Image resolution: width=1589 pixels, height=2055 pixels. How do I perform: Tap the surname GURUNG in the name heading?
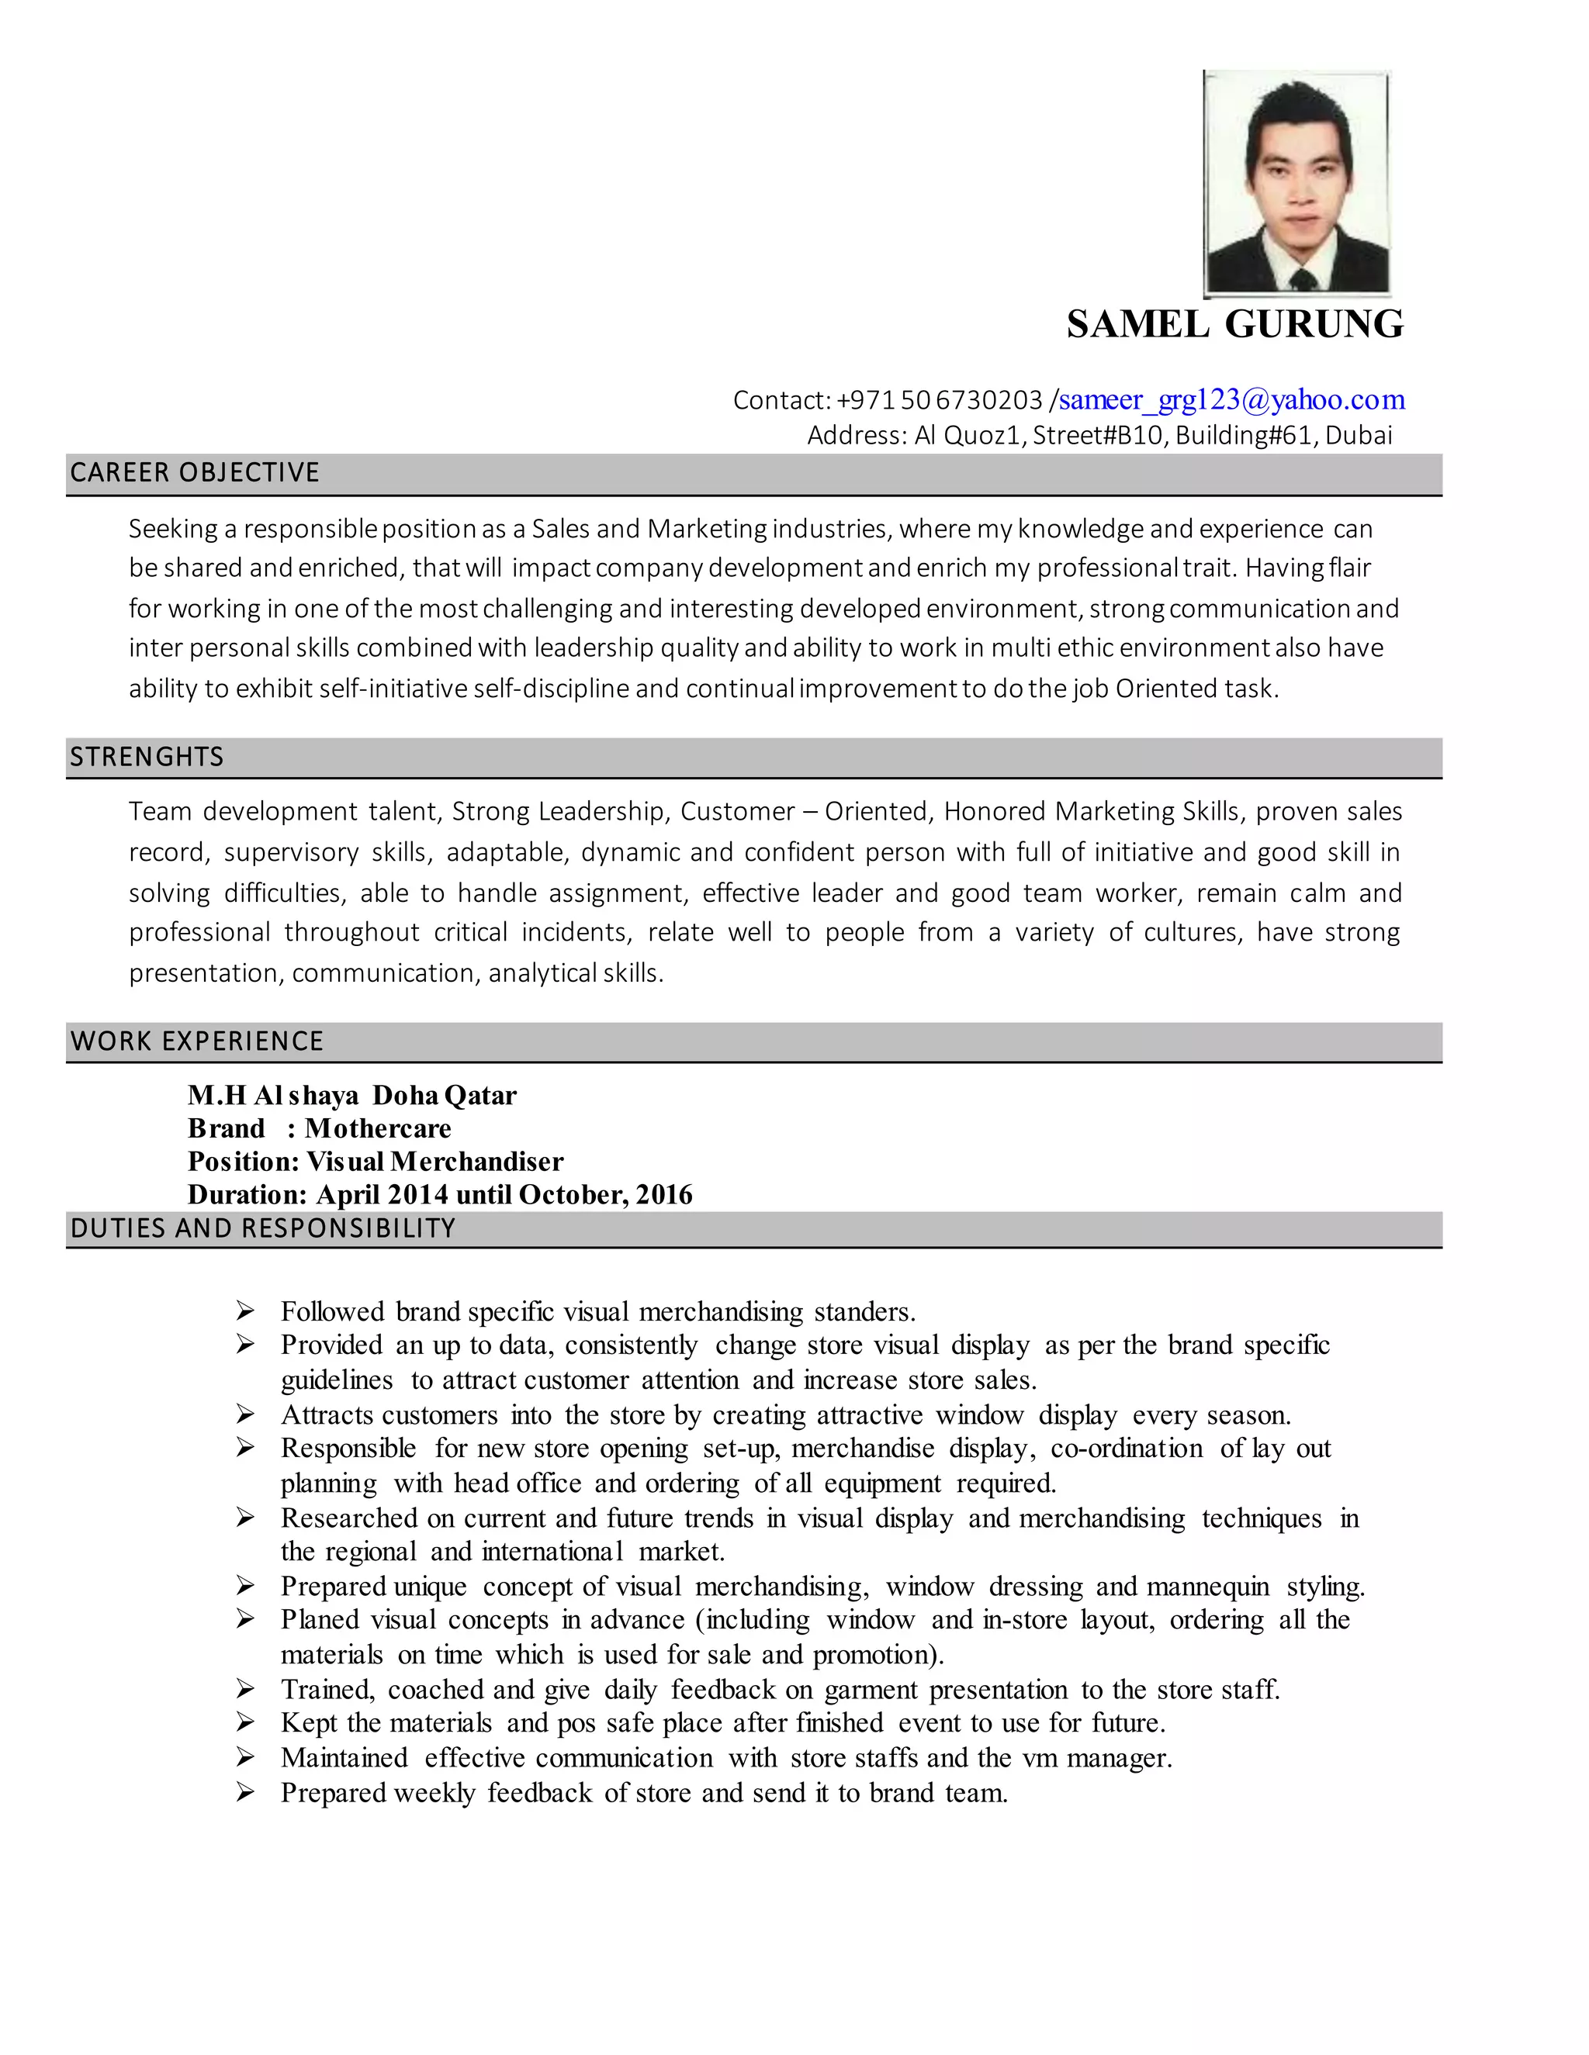pos(1314,325)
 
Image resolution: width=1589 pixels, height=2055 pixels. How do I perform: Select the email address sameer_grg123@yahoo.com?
pos(1231,400)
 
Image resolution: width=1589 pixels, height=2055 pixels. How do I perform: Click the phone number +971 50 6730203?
pos(939,401)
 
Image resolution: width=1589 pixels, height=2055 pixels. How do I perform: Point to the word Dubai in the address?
pos(1359,436)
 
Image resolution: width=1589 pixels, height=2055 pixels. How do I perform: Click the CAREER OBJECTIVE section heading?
pos(195,472)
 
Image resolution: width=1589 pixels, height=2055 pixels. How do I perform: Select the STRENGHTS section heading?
pos(147,758)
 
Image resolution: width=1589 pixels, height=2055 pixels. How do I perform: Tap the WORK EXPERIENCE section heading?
pos(197,1041)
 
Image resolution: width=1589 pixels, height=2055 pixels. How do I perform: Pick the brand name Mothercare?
pos(379,1128)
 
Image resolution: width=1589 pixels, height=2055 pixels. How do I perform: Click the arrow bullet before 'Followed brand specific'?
pos(246,1311)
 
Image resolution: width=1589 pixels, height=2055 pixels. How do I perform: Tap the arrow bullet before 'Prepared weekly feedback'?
pos(246,1792)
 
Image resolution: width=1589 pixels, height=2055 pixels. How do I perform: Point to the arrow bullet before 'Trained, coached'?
pos(246,1689)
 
